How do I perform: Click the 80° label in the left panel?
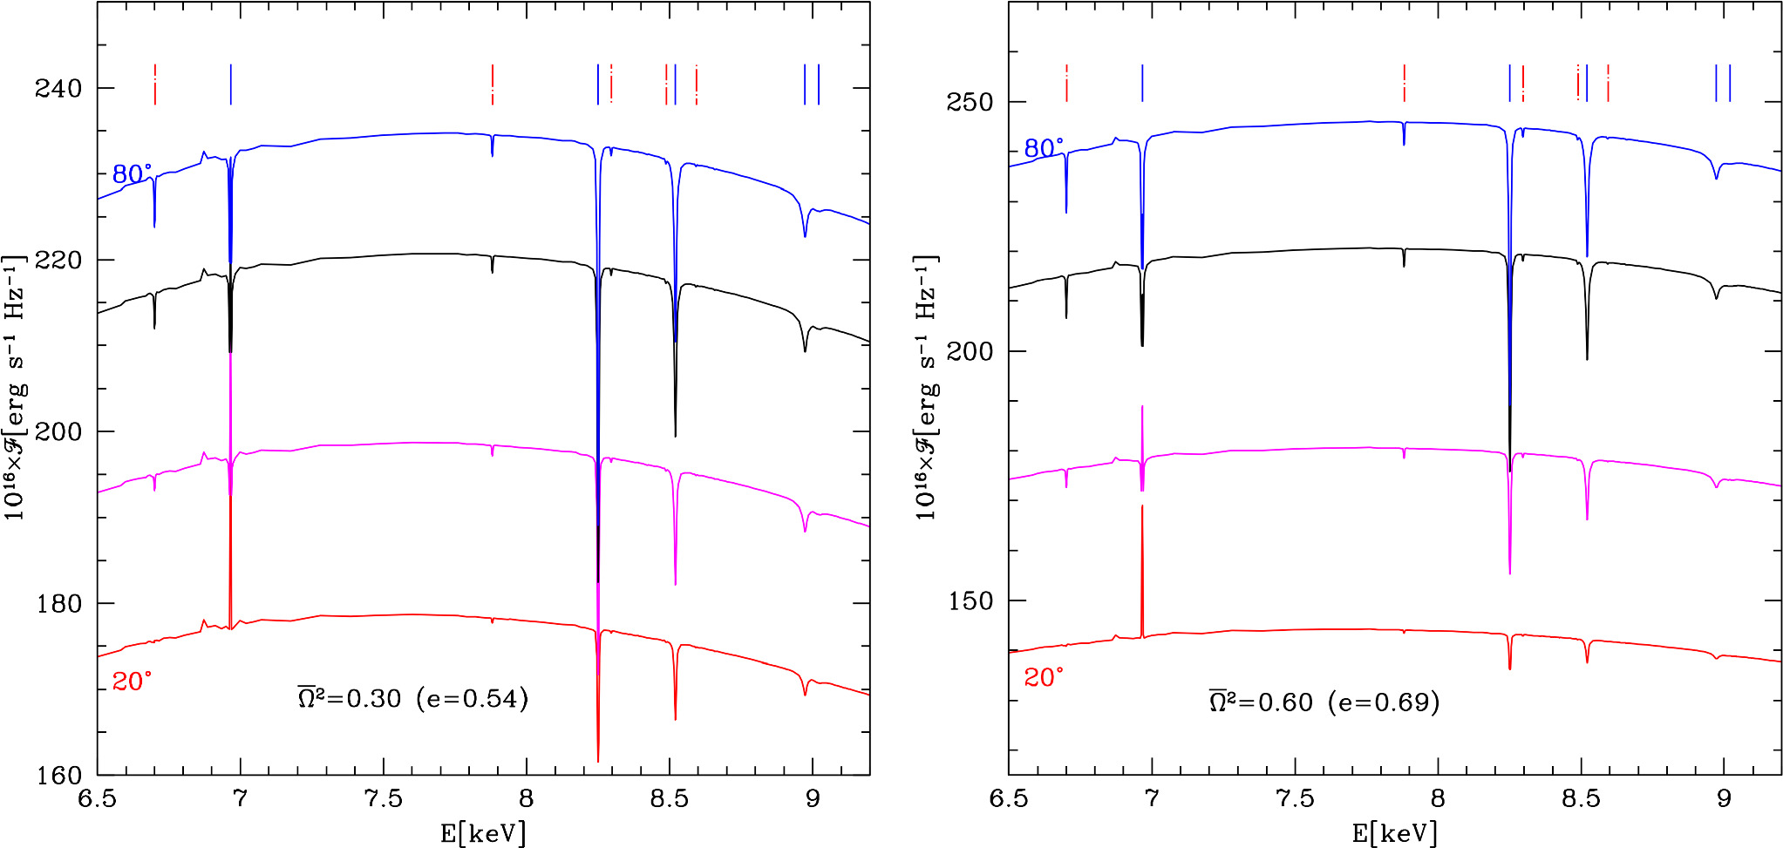click(x=132, y=174)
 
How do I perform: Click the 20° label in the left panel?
click(x=132, y=682)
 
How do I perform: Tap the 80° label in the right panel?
click(x=1044, y=149)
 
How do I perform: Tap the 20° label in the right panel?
click(x=1044, y=678)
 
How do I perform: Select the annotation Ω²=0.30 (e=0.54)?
click(x=413, y=699)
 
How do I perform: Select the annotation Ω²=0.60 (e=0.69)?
click(x=1324, y=702)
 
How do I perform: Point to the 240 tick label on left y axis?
click(x=58, y=88)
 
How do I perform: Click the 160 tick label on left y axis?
click(x=58, y=775)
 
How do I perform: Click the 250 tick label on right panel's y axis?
click(x=970, y=102)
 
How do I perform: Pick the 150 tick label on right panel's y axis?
click(x=970, y=600)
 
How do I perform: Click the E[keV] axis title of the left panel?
click(x=483, y=834)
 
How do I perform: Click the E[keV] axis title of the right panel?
click(x=1395, y=834)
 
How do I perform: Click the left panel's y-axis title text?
click(x=16, y=388)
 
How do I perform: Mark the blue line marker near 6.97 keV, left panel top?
click(x=230, y=85)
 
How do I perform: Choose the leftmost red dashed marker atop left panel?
click(x=155, y=85)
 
